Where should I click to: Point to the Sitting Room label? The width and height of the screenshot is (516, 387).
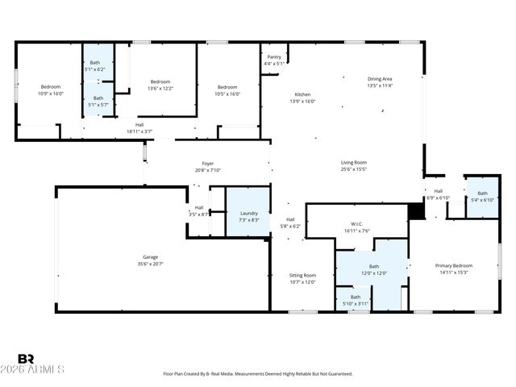(x=302, y=278)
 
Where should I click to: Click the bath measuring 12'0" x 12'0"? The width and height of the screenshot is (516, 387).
(x=373, y=269)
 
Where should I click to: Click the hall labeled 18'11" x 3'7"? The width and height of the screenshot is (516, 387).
(x=139, y=127)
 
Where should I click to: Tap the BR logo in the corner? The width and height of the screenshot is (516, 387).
(x=26, y=359)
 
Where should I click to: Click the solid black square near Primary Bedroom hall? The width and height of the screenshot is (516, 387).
(x=416, y=211)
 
